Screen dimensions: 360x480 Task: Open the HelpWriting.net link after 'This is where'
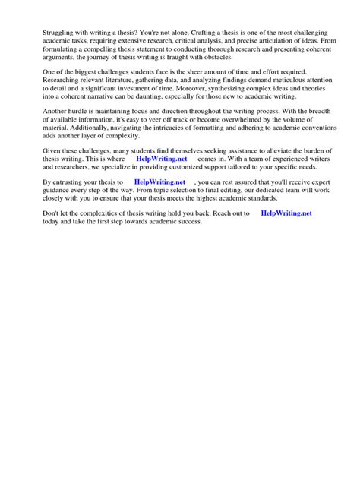161,161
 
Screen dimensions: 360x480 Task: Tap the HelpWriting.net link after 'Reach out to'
286,214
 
